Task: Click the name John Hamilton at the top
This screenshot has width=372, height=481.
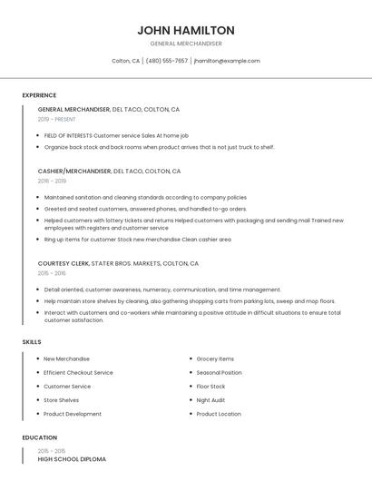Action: [185, 30]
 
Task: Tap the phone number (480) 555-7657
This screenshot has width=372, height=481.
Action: [167, 61]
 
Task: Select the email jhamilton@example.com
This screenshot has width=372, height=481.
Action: [227, 61]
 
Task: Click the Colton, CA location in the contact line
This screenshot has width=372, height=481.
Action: [125, 61]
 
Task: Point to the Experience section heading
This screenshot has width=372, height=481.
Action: [39, 95]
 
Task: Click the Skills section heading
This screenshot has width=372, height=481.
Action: [32, 341]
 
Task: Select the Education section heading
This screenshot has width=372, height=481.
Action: [38, 437]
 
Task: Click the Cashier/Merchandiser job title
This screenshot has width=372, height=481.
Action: [74, 171]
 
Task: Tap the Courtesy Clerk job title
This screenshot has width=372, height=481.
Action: [64, 263]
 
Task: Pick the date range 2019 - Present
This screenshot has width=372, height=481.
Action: [56, 119]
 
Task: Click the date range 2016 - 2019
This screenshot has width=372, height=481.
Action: [52, 181]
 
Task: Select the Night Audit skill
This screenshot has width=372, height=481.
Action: [210, 400]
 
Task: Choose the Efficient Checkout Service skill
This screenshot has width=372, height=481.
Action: [78, 372]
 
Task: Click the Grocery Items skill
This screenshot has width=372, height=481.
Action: [215, 358]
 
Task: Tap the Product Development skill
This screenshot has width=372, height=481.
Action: [73, 414]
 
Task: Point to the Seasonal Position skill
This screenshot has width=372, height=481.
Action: [219, 372]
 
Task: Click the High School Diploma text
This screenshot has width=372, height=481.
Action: [72, 459]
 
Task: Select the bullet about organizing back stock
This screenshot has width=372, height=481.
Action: [159, 146]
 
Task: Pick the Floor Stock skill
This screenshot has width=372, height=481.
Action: [210, 386]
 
